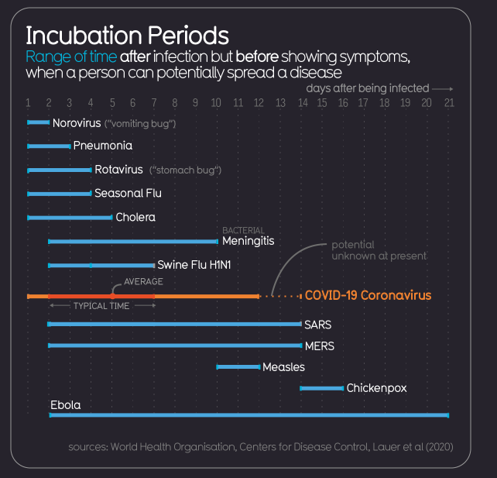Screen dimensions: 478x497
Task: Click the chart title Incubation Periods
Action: (x=127, y=36)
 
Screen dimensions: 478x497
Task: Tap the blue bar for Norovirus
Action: (x=38, y=122)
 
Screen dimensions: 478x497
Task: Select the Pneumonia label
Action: (x=102, y=146)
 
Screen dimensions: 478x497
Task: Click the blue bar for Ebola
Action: (x=248, y=415)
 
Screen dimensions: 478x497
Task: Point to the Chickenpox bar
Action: (x=321, y=387)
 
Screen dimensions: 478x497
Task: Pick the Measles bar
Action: (x=238, y=366)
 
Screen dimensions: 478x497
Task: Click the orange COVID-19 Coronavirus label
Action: (x=368, y=295)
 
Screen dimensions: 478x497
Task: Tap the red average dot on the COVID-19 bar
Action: (x=112, y=296)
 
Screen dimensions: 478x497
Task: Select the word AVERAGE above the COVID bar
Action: (x=143, y=282)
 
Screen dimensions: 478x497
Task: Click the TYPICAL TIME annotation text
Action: (x=101, y=306)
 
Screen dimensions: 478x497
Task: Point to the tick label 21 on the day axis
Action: (x=449, y=103)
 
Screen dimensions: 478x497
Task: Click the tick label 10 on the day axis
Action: (x=217, y=103)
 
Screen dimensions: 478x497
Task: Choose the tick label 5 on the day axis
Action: (x=112, y=103)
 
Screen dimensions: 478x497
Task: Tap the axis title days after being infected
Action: (x=367, y=88)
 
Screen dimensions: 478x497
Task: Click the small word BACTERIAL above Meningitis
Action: (x=243, y=230)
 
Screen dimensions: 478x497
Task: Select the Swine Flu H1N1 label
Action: (x=194, y=265)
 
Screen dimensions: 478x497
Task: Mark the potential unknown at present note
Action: (x=379, y=250)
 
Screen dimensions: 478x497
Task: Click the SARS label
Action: (x=317, y=325)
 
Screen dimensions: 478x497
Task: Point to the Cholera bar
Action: (x=70, y=218)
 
